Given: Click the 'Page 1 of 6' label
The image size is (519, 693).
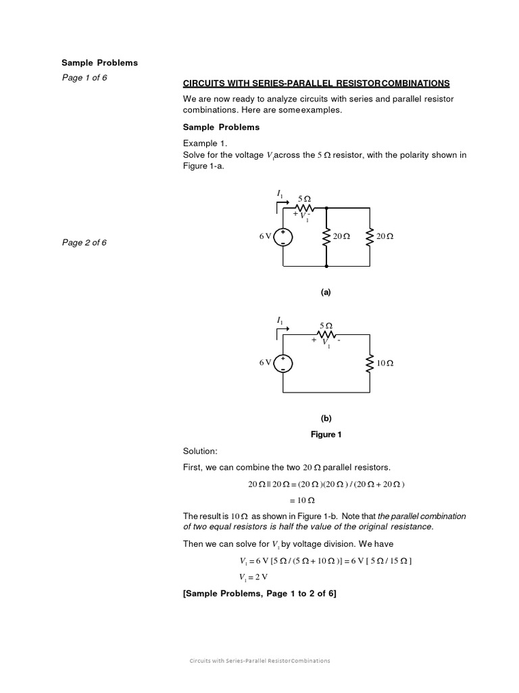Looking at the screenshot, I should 84,77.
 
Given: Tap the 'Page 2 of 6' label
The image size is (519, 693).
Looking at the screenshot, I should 84,243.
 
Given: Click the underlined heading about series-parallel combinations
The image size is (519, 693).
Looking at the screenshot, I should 316,83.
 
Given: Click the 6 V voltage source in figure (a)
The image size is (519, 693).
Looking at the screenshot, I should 283,236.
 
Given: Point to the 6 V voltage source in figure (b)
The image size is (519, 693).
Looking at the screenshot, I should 283,363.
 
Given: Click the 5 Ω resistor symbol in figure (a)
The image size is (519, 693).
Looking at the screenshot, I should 304,207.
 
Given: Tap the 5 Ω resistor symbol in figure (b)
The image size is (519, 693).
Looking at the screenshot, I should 326,334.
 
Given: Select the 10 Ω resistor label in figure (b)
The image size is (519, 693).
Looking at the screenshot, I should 385,363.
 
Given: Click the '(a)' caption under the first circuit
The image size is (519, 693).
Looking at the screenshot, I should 326,292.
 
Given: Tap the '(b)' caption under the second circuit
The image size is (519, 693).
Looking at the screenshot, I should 326,418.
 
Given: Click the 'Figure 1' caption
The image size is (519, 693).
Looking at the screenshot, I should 326,434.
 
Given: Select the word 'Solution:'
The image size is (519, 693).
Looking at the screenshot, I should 200,451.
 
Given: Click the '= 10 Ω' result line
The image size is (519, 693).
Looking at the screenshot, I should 302,500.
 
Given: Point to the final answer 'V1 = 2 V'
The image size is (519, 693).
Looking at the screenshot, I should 253,577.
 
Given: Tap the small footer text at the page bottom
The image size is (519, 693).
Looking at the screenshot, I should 259,661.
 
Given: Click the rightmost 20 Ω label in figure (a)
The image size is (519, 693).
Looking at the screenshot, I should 385,236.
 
